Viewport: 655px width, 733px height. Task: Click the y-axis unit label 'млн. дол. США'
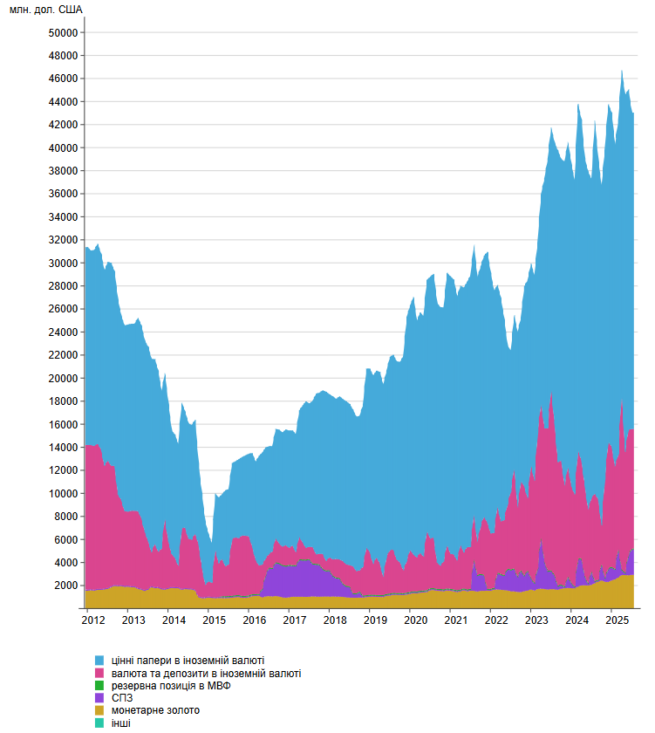[47, 10]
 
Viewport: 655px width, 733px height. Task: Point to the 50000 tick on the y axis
[64, 32]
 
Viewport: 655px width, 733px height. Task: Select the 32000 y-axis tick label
[64, 240]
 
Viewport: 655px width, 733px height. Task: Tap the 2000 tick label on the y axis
[66, 586]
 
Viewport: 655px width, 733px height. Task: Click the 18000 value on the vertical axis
[64, 401]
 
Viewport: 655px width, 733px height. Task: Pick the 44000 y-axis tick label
[64, 101]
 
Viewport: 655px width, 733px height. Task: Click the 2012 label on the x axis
[93, 620]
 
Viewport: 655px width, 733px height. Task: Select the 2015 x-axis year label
[214, 620]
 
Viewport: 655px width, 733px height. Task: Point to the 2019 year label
[375, 620]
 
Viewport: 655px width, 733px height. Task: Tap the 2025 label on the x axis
[617, 620]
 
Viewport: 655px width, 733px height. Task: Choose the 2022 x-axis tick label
[496, 620]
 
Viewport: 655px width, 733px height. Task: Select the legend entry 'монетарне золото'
[154, 710]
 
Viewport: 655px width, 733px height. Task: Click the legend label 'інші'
[119, 723]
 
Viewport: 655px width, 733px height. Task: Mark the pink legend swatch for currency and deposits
[99, 674]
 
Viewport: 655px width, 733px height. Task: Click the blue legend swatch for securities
[99, 661]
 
